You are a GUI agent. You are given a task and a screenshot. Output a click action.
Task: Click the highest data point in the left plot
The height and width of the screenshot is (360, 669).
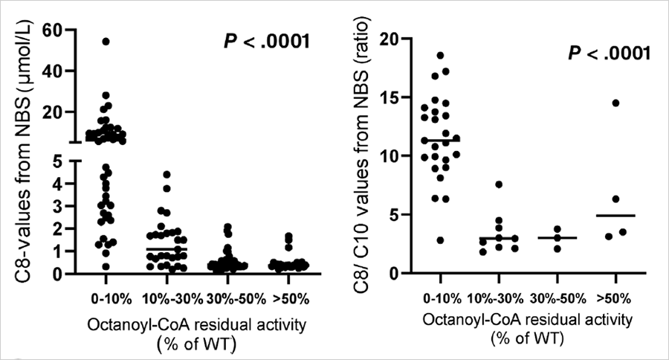pyautogui.click(x=106, y=42)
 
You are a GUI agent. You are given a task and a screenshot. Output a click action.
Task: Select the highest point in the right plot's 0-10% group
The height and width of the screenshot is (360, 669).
pyautogui.click(x=441, y=56)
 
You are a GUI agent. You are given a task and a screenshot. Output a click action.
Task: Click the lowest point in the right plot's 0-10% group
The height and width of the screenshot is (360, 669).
pyautogui.click(x=441, y=240)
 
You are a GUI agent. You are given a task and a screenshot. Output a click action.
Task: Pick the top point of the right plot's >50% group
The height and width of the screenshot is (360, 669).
pyautogui.click(x=615, y=103)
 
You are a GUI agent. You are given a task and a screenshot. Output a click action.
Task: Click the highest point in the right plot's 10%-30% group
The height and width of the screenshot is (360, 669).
pyautogui.click(x=500, y=184)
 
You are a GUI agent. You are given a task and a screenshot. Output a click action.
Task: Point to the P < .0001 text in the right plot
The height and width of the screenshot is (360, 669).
pyautogui.click(x=602, y=54)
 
